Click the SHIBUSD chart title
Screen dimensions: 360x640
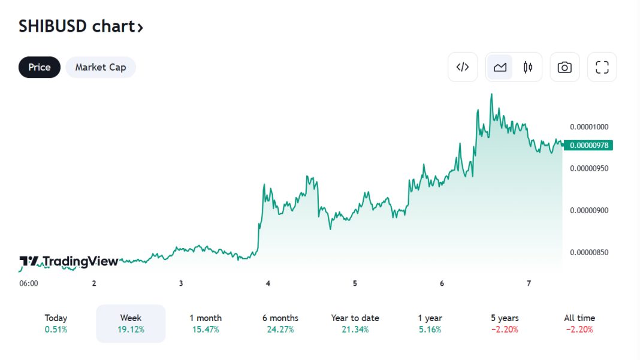click(81, 26)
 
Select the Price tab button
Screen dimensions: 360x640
click(40, 67)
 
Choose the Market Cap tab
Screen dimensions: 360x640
click(101, 67)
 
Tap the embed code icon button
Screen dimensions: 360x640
click(463, 67)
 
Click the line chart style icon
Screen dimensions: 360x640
click(500, 67)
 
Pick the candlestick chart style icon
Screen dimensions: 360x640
click(528, 67)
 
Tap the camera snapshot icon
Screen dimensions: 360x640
click(564, 67)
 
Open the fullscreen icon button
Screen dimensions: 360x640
click(602, 67)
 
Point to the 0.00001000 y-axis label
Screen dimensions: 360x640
click(589, 126)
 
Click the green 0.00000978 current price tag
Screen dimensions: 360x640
click(589, 145)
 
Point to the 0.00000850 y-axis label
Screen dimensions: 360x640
click(589, 252)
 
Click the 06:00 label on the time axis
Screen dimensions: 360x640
click(29, 283)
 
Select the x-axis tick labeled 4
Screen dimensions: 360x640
click(268, 283)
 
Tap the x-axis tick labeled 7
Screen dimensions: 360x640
click(529, 283)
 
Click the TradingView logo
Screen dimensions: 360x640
click(69, 261)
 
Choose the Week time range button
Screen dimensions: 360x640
click(131, 323)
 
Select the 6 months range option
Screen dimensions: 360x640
click(280, 323)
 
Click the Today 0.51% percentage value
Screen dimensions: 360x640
click(56, 329)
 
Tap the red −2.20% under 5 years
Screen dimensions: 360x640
click(505, 329)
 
